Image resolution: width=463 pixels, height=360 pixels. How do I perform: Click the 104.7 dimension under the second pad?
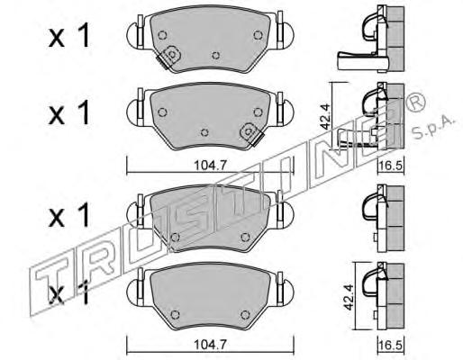(x=210, y=165)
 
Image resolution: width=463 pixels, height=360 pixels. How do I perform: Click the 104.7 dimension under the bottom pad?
(x=210, y=345)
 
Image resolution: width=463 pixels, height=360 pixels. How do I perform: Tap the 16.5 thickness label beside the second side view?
(x=391, y=166)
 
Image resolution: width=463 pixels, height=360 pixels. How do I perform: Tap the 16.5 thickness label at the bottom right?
(x=391, y=345)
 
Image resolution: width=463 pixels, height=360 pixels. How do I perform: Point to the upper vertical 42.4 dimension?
(x=326, y=116)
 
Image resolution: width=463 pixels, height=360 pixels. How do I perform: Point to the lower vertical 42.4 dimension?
(x=349, y=297)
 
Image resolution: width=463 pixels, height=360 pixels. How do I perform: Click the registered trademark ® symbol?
(x=415, y=102)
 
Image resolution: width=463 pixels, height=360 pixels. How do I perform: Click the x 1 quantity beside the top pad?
(x=69, y=36)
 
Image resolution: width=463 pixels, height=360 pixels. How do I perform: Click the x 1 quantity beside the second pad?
(x=69, y=112)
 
